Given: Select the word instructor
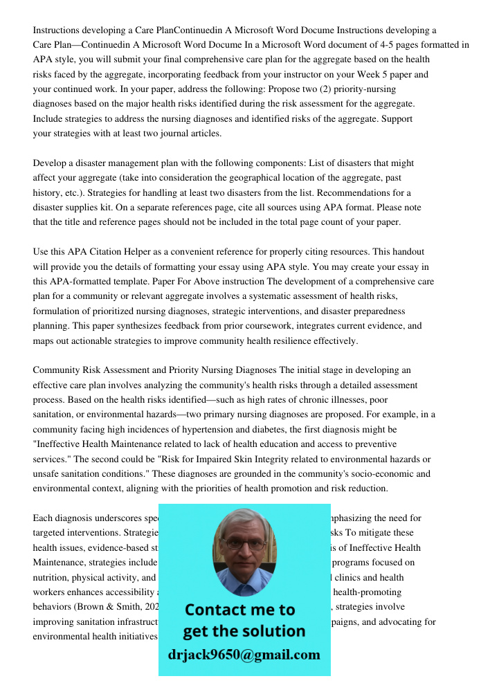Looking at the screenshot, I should pyautogui.click(x=278, y=75).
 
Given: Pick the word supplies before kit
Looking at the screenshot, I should pyautogui.click(x=86, y=208).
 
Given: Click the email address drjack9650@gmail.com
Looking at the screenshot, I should pyautogui.click(x=244, y=655).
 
